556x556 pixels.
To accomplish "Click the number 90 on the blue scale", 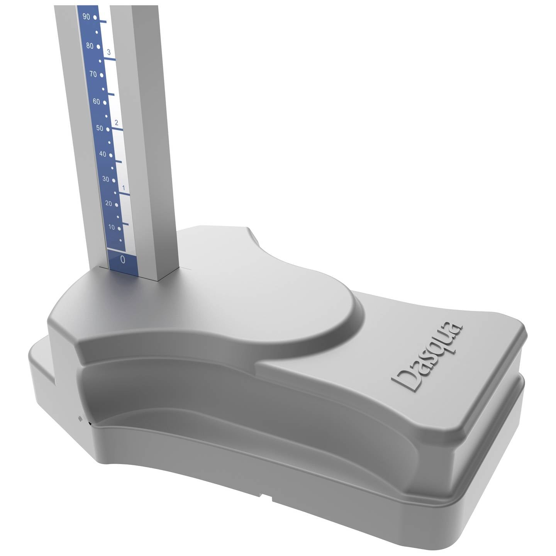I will click(x=86, y=17).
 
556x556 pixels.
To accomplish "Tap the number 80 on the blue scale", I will click(x=90, y=46).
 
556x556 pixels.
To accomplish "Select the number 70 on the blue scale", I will click(x=93, y=74).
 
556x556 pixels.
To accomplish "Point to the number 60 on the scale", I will click(x=96, y=102).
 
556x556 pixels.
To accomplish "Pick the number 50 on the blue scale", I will click(x=100, y=128).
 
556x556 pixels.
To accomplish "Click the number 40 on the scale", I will click(x=103, y=154).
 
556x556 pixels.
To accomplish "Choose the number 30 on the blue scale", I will click(x=106, y=179).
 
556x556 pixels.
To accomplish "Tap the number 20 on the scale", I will click(x=109, y=203).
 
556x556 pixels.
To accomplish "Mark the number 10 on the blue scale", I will click(x=112, y=227).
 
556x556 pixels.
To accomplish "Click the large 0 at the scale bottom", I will click(x=123, y=259).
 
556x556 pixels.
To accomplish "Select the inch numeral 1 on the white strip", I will click(x=124, y=188).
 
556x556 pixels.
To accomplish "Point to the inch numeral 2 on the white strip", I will click(x=116, y=123).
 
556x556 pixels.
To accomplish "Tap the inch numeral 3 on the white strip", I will click(x=109, y=52).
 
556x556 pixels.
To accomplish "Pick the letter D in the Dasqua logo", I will click(x=404, y=380).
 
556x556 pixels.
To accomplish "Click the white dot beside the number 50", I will click(x=108, y=129).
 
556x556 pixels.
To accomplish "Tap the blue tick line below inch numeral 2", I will click(x=117, y=129).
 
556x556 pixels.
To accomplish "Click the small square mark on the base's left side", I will click(x=80, y=418).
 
